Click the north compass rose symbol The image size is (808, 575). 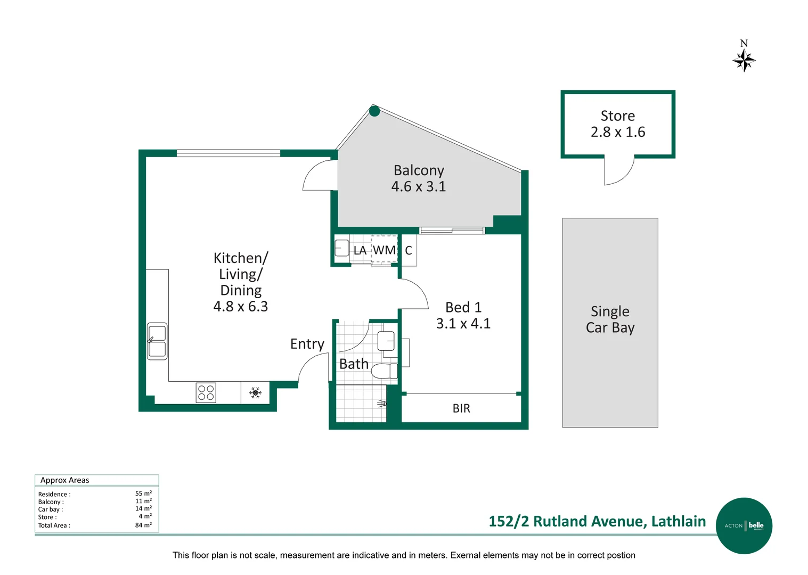(x=744, y=60)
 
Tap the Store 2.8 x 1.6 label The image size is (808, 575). (x=617, y=124)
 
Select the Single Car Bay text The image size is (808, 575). (x=610, y=319)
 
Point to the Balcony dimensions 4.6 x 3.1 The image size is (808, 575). (x=418, y=187)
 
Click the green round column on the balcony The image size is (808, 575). (x=374, y=111)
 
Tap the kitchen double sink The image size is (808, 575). (x=157, y=341)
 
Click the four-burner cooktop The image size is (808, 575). (x=206, y=393)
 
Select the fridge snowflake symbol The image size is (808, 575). (x=255, y=393)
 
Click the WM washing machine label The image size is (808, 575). (x=384, y=250)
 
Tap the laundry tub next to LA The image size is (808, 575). (x=341, y=249)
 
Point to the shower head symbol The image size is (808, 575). (x=382, y=404)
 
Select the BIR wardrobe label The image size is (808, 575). (x=461, y=408)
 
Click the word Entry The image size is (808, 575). (x=307, y=344)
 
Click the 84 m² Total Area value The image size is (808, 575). (x=143, y=525)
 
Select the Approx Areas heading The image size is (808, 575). (x=65, y=480)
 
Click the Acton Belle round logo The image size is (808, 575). (x=744, y=525)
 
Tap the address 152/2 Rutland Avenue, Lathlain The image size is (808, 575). (x=597, y=521)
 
